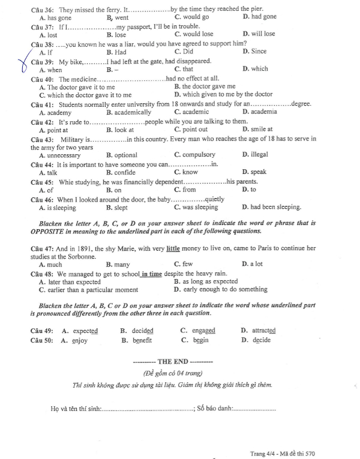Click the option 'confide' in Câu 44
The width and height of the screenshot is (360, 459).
(x=125, y=172)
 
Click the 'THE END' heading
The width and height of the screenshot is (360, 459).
(x=173, y=362)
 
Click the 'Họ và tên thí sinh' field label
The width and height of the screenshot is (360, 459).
(x=76, y=409)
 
